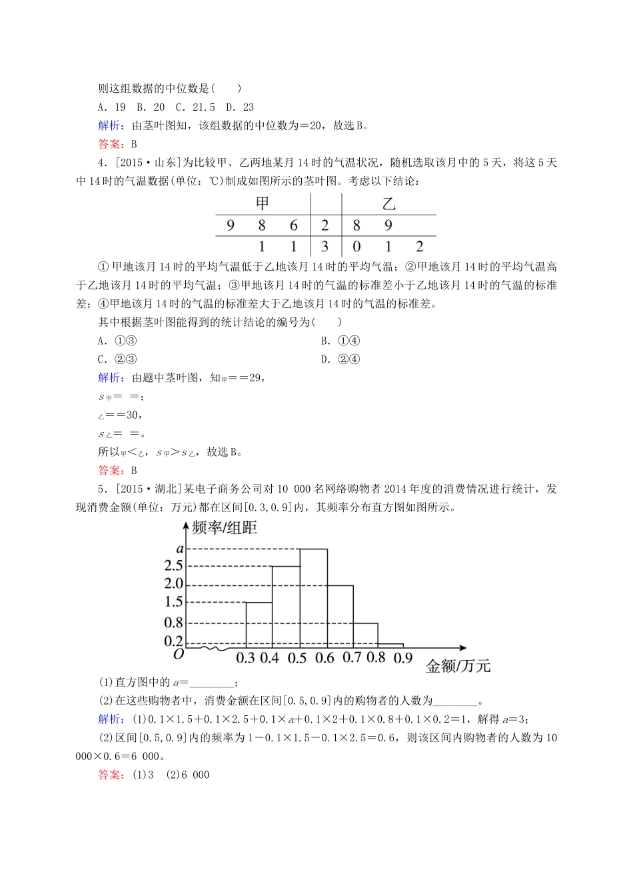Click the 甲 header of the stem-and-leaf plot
click(263, 203)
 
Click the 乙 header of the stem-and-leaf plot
click(388, 203)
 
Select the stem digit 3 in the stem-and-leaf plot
click(324, 246)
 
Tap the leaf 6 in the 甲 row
click(293, 225)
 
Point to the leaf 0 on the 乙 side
click(356, 246)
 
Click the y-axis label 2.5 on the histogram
click(173, 566)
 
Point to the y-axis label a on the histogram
click(179, 549)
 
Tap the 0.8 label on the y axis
click(173, 623)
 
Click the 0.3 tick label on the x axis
click(245, 659)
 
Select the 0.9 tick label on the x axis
click(402, 659)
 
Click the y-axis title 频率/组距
click(224, 528)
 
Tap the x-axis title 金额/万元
click(457, 665)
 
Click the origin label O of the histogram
click(178, 655)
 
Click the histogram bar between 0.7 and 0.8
click(365, 634)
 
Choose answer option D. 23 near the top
click(240, 107)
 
